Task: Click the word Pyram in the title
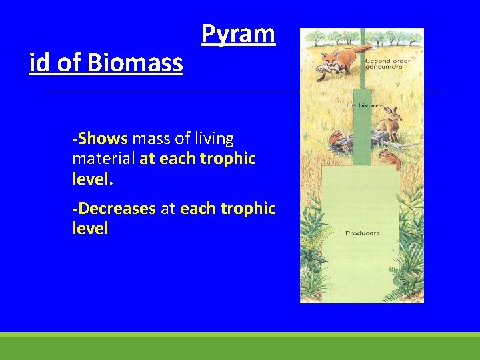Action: point(238,34)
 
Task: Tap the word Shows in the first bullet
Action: point(102,139)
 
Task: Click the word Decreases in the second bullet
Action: point(116,209)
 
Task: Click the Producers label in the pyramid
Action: point(362,233)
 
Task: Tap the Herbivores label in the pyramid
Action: point(359,106)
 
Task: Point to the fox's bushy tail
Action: point(361,48)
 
